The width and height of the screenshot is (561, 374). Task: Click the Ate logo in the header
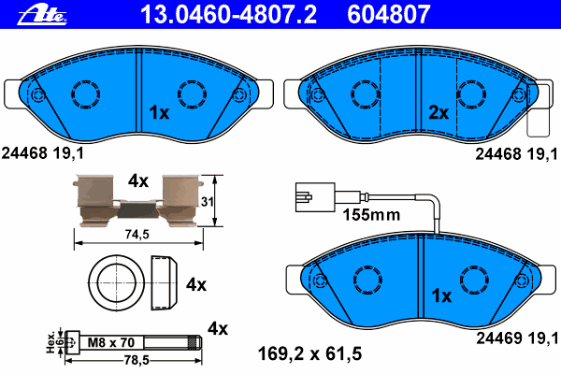(x=42, y=15)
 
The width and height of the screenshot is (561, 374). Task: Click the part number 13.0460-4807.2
(x=228, y=15)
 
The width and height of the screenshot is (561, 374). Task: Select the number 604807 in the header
(x=389, y=15)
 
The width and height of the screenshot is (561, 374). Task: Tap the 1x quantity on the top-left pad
(x=159, y=113)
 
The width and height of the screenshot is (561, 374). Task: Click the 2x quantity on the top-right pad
(x=439, y=113)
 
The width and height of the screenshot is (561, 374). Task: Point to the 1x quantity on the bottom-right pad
(x=442, y=296)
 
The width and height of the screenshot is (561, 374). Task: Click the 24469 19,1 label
(x=517, y=338)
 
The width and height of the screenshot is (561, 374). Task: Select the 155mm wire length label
(x=371, y=215)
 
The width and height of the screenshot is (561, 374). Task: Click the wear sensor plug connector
(x=315, y=197)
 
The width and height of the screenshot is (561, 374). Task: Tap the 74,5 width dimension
(x=137, y=235)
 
